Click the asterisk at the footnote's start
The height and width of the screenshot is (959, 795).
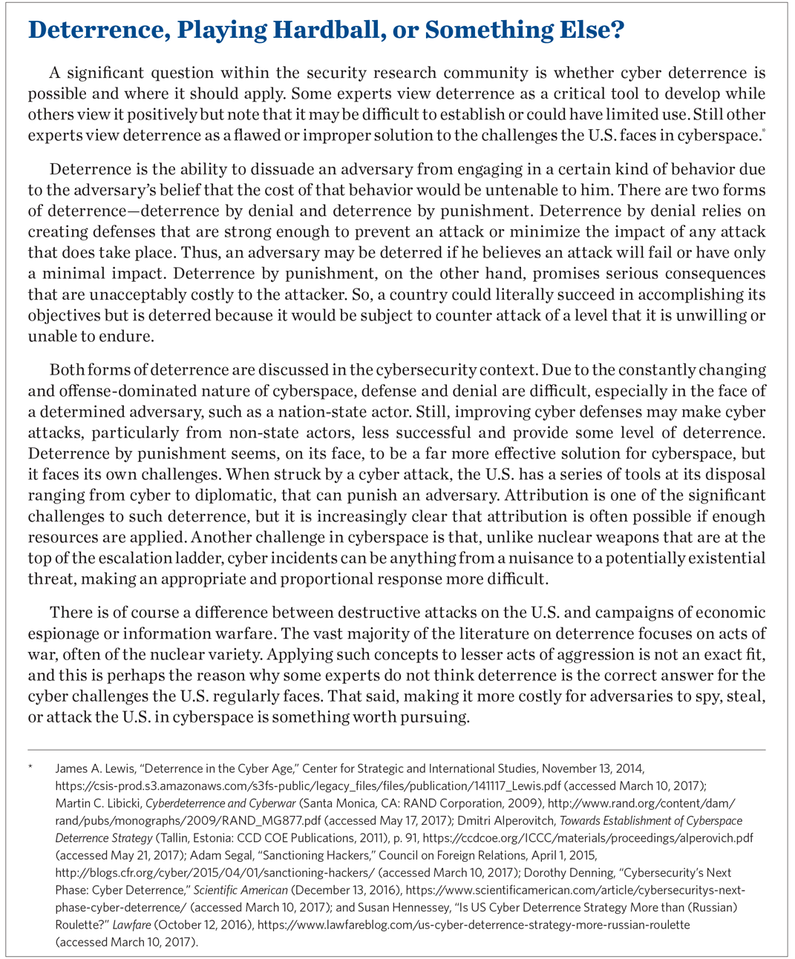pos(30,768)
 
